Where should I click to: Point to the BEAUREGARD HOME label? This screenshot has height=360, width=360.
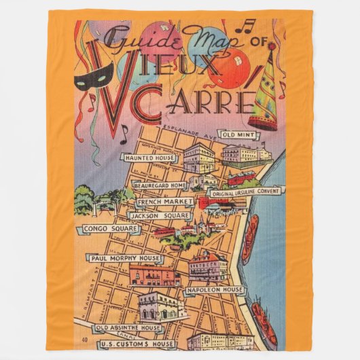(x=160, y=185)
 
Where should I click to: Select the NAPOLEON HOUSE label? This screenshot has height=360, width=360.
(x=215, y=290)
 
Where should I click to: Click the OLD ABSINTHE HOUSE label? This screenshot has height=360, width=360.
(x=129, y=328)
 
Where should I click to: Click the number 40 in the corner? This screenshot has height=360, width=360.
(x=84, y=339)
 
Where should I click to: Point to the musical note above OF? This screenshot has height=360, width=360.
(x=249, y=25)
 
